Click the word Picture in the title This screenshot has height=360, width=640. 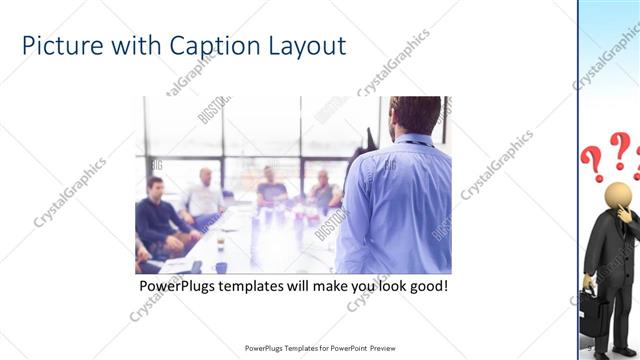tap(56, 46)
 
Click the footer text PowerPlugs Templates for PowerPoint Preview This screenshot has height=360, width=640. tap(319, 348)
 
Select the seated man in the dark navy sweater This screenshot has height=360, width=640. tap(157, 215)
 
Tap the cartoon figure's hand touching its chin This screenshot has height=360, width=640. tap(623, 212)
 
